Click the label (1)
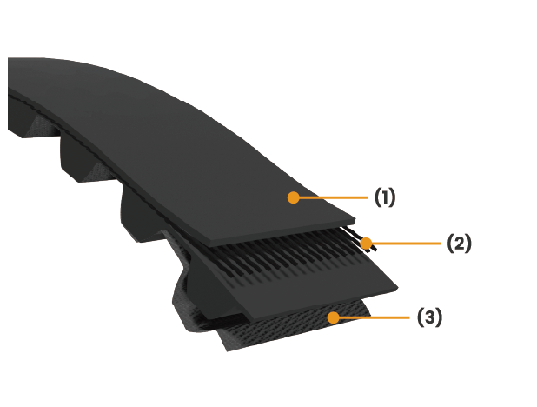385,197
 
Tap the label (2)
460,244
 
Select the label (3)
429,317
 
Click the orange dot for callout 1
294,197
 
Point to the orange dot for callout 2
366,244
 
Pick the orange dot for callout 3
333,317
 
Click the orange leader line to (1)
330,197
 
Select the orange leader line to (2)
404,244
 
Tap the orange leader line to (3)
371,317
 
